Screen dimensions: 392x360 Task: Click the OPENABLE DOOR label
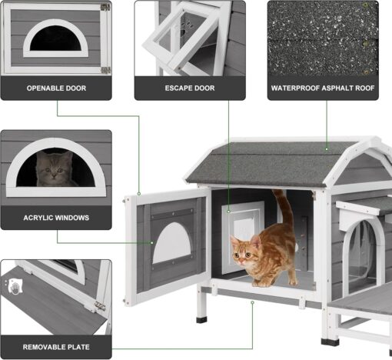tap(56, 88)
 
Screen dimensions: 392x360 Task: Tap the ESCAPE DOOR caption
tap(190, 88)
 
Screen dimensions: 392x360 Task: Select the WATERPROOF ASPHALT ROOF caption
tap(323, 88)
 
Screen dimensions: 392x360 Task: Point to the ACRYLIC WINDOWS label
tap(56, 218)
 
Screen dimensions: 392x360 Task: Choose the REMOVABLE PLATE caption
tap(56, 347)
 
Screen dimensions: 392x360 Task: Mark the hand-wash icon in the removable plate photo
tap(15, 286)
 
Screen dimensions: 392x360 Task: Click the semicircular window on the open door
tap(172, 243)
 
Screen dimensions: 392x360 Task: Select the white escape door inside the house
tap(242, 236)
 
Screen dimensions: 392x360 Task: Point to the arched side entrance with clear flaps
tap(364, 256)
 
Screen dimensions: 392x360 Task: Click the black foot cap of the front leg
tap(202, 320)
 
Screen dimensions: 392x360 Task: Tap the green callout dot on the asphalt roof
tap(327, 149)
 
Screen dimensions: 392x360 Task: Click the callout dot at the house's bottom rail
tap(252, 302)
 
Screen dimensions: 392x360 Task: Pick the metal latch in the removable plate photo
tap(99, 305)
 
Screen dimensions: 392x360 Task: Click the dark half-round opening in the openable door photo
tap(56, 38)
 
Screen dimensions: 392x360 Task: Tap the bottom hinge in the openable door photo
tap(105, 70)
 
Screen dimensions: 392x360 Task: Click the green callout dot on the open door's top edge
tap(139, 194)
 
